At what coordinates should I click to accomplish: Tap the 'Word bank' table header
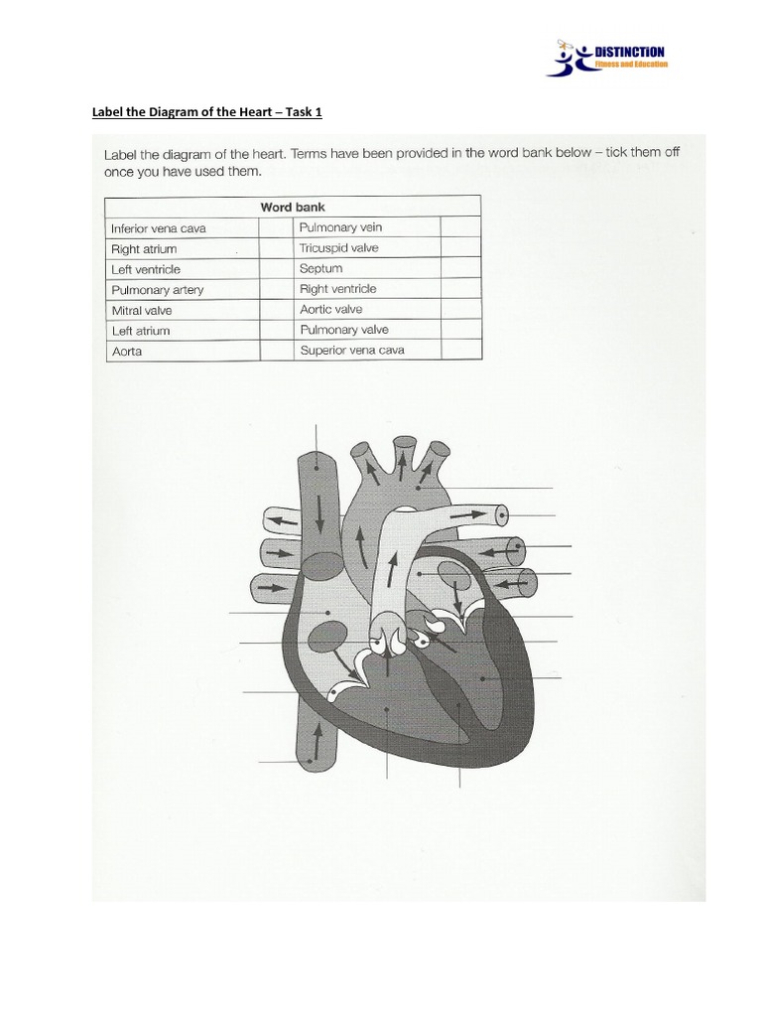point(293,207)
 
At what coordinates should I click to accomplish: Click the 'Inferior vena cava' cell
point(159,228)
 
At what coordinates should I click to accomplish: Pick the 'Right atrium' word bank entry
point(144,249)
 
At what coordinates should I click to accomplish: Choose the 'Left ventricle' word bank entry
point(146,269)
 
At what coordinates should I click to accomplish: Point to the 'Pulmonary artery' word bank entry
point(158,290)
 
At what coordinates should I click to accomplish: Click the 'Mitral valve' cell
point(142,311)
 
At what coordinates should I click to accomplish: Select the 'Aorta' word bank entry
point(128,352)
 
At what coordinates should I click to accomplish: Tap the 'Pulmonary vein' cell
point(340,227)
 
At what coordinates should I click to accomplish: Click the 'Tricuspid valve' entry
point(338,248)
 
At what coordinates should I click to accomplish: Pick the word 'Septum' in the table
point(320,268)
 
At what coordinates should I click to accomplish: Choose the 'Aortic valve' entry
point(330,309)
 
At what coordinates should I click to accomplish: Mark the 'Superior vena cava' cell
point(351,350)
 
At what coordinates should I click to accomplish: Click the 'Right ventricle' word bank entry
point(337,289)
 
